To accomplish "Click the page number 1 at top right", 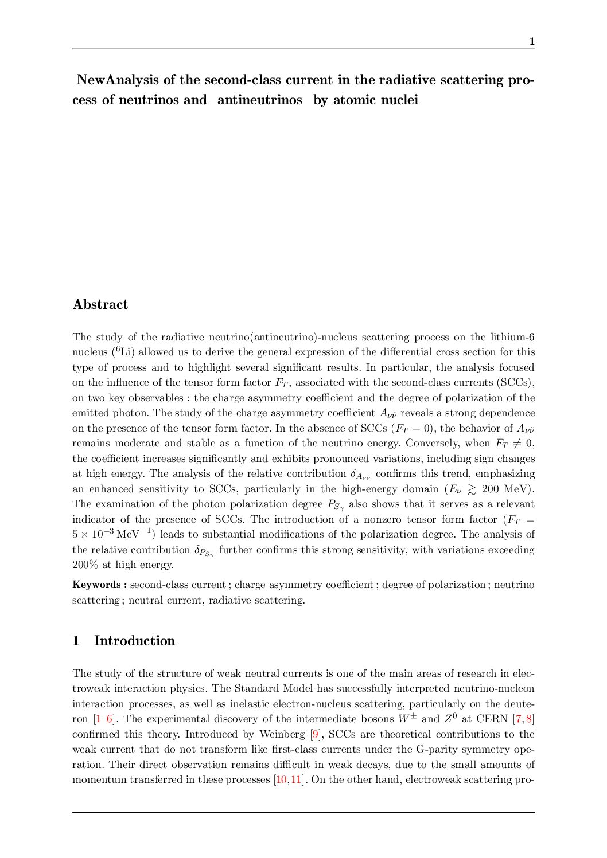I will click(532, 41).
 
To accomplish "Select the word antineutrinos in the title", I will click(259, 100).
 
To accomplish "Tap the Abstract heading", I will click(100, 304).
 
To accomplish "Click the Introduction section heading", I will click(134, 641).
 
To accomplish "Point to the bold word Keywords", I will click(96, 585).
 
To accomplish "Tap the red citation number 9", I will click(314, 734).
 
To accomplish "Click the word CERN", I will click(492, 719).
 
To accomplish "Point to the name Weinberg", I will click(282, 734).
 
